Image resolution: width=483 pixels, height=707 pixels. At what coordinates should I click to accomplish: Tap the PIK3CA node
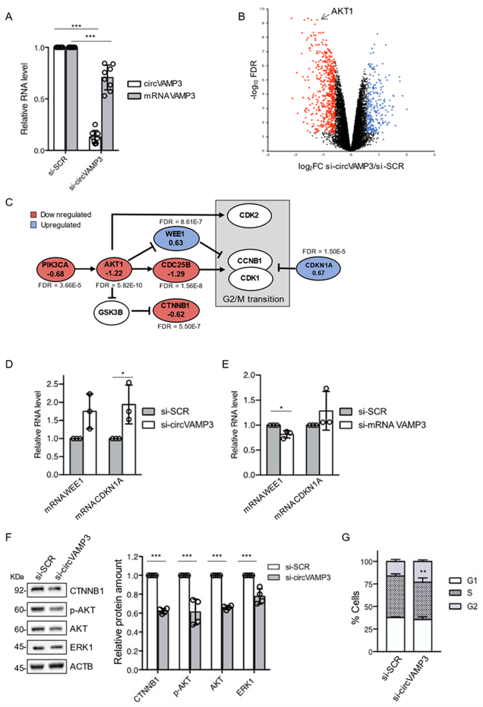tap(55, 269)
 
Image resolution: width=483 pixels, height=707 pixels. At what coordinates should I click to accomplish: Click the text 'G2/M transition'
tap(253, 299)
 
